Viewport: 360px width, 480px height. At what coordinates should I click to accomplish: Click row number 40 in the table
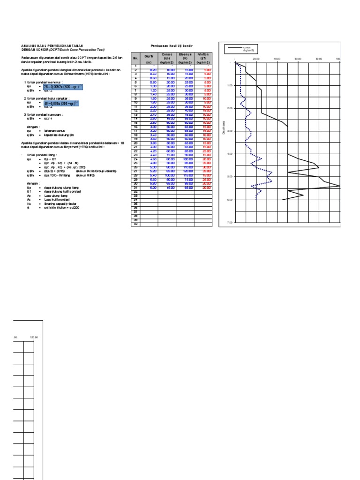[135, 225]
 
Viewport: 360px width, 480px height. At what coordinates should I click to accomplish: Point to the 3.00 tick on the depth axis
[230, 131]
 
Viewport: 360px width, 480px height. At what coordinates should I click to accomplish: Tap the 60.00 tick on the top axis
[298, 59]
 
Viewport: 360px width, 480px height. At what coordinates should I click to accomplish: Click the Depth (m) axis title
[225, 127]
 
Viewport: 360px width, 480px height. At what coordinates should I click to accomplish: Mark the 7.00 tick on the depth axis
[230, 223]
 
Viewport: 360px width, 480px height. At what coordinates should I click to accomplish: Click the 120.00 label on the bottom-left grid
[34, 337]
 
